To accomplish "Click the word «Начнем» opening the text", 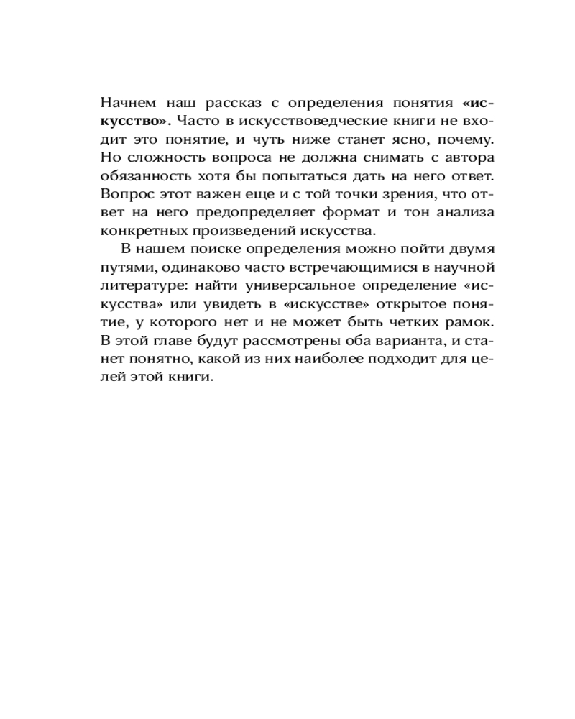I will tap(127, 100).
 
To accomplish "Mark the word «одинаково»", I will tap(183, 268).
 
